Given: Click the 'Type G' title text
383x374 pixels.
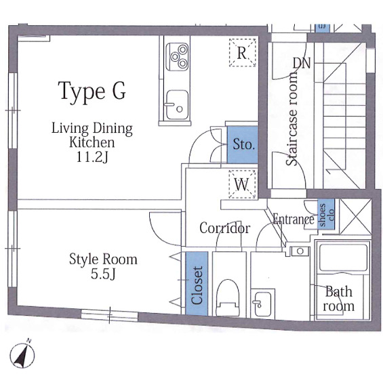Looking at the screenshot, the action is (92, 91).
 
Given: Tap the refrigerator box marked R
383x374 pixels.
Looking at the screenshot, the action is (243, 52).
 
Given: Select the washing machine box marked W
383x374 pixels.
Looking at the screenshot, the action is (243, 184).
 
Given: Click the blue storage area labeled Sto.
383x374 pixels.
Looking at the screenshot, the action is (243, 144).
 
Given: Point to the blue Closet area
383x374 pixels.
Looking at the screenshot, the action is (197, 283).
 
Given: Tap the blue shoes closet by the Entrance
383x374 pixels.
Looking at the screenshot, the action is (326, 214).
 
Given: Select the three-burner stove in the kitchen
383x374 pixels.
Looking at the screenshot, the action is (178, 56).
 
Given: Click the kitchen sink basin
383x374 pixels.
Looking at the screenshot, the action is (178, 104).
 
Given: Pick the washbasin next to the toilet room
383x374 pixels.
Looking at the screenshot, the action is (262, 304).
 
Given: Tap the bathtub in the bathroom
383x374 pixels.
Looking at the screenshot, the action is (343, 257).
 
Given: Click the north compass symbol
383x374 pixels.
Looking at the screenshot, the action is (22, 355).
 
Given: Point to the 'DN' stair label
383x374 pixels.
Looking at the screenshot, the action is (302, 63).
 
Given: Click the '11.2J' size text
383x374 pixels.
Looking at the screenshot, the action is (92, 157).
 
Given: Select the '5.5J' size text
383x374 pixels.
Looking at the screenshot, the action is (103, 274).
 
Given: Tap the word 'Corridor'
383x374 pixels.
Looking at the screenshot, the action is (225, 228).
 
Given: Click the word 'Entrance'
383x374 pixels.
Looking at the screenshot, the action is (294, 219).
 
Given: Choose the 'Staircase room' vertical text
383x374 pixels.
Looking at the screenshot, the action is (292, 119).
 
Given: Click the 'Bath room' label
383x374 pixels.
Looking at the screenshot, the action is (338, 299).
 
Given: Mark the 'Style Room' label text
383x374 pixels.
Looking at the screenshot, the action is (103, 259).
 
